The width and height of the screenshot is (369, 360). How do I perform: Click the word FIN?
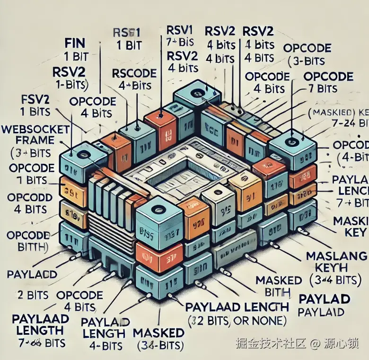pos(74,43)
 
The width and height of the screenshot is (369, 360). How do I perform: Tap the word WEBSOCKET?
pos(36,129)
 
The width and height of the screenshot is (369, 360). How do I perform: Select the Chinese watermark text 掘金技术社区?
pos(265,343)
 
